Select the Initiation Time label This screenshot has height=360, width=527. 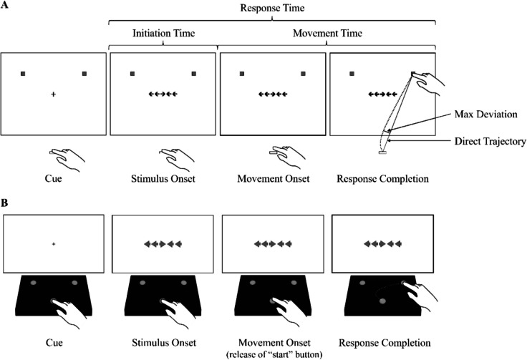163,33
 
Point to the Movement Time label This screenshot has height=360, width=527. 327,33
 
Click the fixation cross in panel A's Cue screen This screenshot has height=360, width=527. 54,93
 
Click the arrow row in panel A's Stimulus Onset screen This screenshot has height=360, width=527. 163,93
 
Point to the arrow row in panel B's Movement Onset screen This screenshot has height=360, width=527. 273,244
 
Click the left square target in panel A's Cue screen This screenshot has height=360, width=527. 24,74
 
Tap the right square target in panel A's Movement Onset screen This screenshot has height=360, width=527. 304,74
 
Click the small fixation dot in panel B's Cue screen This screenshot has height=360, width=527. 54,244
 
